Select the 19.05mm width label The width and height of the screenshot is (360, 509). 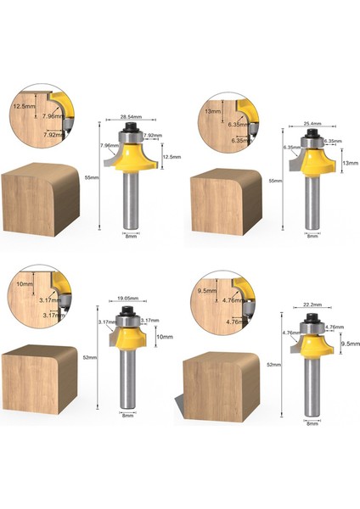click(127, 299)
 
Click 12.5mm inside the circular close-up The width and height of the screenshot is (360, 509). click(23, 107)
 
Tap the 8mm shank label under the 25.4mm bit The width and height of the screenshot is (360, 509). click(312, 236)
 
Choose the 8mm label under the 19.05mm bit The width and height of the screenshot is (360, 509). click(127, 415)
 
